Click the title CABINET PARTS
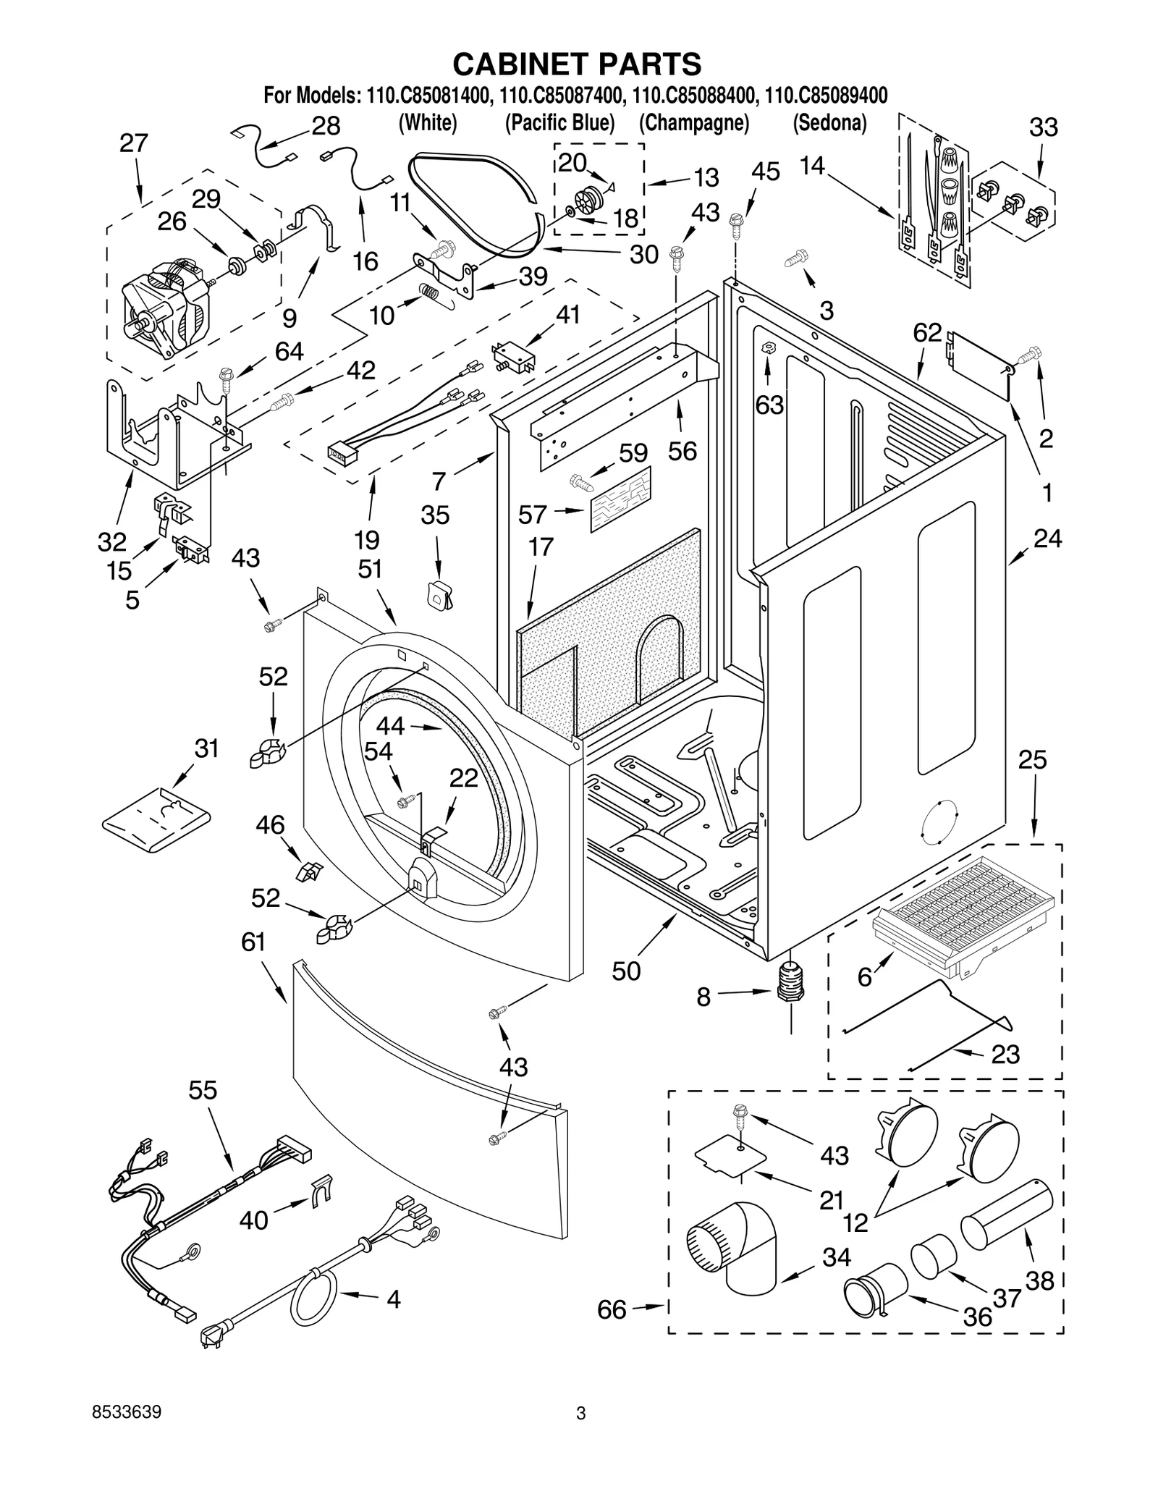pos(577,64)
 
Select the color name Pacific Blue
pos(559,123)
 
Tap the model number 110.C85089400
pos(826,95)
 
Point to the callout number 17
pos(541,548)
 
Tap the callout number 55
pos(203,1091)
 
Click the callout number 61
pos(253,943)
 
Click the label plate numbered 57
pos(620,499)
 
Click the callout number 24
pos(1047,539)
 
